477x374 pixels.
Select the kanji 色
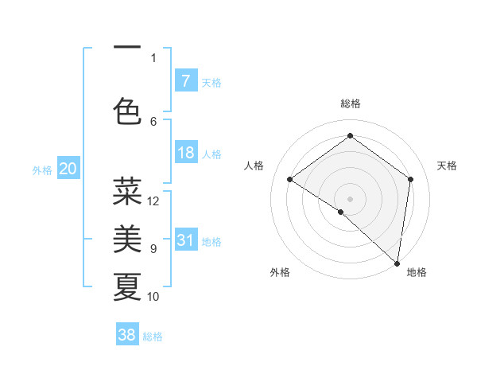click(x=127, y=111)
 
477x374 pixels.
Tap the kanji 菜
click(x=127, y=192)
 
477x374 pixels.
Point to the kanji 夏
click(x=127, y=286)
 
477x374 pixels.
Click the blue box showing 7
click(x=185, y=81)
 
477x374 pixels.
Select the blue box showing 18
click(x=185, y=153)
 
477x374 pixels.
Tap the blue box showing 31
click(x=185, y=240)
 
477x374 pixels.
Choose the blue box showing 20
click(x=68, y=169)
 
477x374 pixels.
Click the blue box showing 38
click(x=127, y=335)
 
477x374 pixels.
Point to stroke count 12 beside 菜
click(x=153, y=201)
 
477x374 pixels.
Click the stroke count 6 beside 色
click(x=153, y=121)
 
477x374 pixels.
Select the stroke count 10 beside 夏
click(x=153, y=297)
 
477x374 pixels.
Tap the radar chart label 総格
click(x=350, y=103)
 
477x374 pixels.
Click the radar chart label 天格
click(x=447, y=166)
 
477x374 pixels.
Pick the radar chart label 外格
click(x=279, y=272)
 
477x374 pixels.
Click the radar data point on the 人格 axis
click(x=290, y=179)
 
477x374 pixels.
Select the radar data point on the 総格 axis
click(x=350, y=136)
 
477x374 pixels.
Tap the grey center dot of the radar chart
click(x=350, y=198)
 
